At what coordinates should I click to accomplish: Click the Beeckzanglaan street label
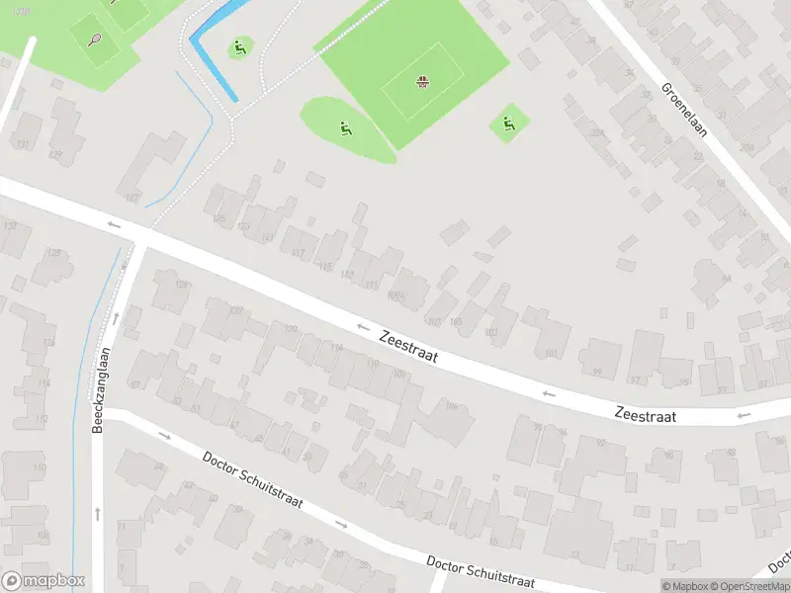(99, 389)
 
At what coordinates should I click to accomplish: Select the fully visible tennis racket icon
(95, 40)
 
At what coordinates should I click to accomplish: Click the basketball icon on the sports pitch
(423, 81)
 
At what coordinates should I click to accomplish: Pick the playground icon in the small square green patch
(508, 124)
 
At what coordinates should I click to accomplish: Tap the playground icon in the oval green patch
(345, 127)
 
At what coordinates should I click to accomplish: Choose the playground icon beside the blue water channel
(238, 46)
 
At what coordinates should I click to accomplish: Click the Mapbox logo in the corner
(44, 581)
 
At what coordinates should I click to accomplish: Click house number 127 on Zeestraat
(132, 197)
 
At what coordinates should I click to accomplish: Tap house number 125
(220, 217)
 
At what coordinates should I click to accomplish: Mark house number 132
(11, 226)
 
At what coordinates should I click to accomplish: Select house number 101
(551, 353)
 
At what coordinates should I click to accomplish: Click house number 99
(597, 372)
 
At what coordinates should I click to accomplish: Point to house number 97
(635, 380)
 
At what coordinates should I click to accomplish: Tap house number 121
(267, 237)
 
